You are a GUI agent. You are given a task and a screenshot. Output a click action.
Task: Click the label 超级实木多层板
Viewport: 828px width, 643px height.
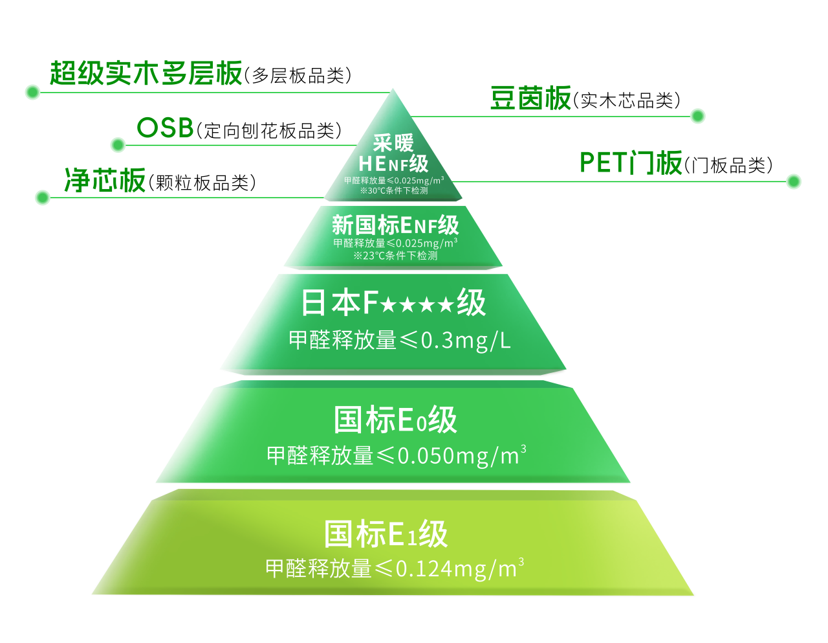pyautogui.click(x=146, y=73)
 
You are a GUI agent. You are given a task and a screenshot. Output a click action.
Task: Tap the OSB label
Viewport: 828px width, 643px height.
pyautogui.click(x=166, y=128)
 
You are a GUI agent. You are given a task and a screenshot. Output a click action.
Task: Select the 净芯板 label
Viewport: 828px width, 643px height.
pyautogui.click(x=105, y=180)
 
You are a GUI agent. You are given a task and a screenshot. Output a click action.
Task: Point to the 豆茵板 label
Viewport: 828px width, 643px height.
pyautogui.click(x=530, y=98)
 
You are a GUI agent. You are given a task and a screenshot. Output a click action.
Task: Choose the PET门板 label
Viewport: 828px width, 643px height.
pyautogui.click(x=631, y=163)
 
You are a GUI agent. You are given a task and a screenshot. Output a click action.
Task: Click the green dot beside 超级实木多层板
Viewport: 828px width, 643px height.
pyautogui.click(x=32, y=93)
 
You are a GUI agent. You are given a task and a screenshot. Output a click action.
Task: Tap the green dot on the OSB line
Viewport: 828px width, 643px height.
pyautogui.click(x=118, y=145)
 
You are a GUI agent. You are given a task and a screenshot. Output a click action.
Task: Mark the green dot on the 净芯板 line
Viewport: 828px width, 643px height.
pyautogui.click(x=42, y=197)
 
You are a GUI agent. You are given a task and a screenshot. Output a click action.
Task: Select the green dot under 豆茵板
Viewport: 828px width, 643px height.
pyautogui.click(x=697, y=117)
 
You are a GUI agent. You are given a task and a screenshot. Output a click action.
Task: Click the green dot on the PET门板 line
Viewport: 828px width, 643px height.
pyautogui.click(x=794, y=182)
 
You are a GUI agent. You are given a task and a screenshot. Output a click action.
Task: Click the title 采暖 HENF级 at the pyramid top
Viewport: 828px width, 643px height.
pyautogui.click(x=393, y=153)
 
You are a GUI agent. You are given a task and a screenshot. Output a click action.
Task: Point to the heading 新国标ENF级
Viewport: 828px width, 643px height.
pyautogui.click(x=395, y=225)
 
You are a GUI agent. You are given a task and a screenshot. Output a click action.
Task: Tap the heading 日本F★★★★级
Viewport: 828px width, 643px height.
pyautogui.click(x=393, y=303)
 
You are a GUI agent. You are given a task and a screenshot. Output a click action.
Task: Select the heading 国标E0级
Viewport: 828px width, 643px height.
pyautogui.click(x=395, y=420)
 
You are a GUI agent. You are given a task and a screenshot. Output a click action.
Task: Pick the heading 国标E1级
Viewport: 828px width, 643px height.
pyautogui.click(x=386, y=535)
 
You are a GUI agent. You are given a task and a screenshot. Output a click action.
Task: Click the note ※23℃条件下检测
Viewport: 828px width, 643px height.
pyautogui.click(x=395, y=256)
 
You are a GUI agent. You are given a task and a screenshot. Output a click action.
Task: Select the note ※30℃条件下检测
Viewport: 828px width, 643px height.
pyautogui.click(x=394, y=191)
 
